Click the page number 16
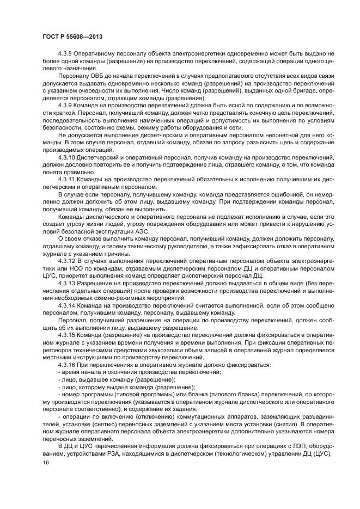pos(45,463)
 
